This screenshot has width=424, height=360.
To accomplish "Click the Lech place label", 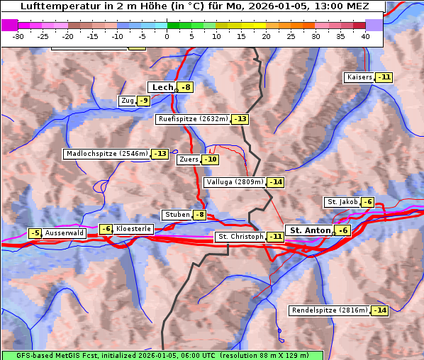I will click(x=162, y=87).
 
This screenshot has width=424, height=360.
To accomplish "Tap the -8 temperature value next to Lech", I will click(x=185, y=87).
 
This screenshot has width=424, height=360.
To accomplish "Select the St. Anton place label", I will click(x=310, y=230).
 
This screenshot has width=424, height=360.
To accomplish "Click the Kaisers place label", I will click(x=359, y=77).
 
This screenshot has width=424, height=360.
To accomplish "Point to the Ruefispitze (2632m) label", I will click(x=194, y=119).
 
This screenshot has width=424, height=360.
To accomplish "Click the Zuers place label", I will click(x=189, y=159).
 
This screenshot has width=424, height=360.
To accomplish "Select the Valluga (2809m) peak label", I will click(x=235, y=182).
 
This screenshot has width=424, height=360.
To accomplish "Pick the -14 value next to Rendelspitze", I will click(x=381, y=310).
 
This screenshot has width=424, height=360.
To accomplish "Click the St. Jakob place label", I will click(x=342, y=202).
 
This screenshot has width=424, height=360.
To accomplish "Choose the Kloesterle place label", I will click(x=133, y=229).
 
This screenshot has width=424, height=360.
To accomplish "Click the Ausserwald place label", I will click(x=65, y=232).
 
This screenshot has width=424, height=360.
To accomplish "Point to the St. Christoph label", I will click(x=240, y=236).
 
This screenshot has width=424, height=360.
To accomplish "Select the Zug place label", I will click(x=127, y=101).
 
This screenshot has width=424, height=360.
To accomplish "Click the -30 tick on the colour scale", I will click(x=18, y=35).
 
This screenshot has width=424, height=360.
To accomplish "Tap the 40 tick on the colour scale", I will click(x=365, y=35).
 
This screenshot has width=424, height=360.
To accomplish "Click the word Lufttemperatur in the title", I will click(x=60, y=6).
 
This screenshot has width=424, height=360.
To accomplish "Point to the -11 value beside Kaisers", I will click(x=384, y=77).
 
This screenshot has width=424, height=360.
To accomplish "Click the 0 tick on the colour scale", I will click(x=167, y=35).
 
